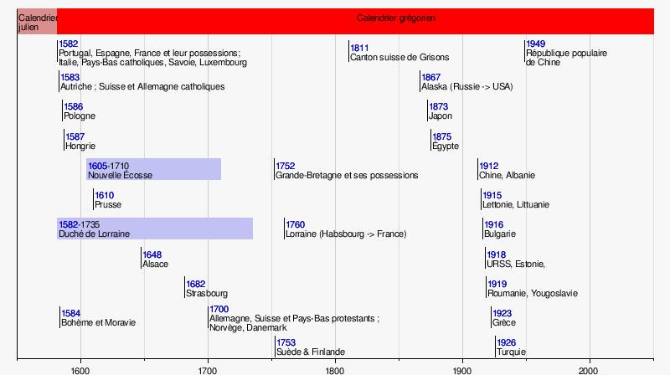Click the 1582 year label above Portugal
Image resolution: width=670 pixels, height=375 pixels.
coord(69,44)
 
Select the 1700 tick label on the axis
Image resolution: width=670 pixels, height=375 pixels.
coord(208,370)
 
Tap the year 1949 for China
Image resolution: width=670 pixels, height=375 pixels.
coord(535,44)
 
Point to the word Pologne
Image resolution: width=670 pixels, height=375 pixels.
coord(80,116)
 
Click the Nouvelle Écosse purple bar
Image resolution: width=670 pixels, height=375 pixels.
coord(154,169)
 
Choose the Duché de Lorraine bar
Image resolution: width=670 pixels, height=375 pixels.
coord(155,229)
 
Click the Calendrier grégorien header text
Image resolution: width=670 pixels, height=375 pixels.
coord(396,18)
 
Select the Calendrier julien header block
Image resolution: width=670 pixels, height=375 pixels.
coord(37,22)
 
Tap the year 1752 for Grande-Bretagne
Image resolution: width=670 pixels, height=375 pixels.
coord(286,166)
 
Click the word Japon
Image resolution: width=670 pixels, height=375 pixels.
coord(441,116)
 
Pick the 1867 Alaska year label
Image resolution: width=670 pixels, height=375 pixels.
coord(430,77)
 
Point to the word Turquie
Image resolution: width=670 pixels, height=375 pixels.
coord(511,352)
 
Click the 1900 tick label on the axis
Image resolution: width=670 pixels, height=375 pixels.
coord(462,370)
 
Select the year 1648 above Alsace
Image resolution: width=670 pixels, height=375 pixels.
coord(152,255)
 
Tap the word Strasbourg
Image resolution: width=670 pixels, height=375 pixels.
coord(207,294)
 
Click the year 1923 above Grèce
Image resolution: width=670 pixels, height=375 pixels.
coord(502,314)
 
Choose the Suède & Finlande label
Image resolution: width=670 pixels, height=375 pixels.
coord(311,352)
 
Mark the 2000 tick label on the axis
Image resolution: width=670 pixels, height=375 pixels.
coord(590,370)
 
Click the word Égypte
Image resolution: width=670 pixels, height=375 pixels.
coord(446,146)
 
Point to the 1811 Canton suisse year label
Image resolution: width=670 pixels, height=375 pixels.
coord(359,49)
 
